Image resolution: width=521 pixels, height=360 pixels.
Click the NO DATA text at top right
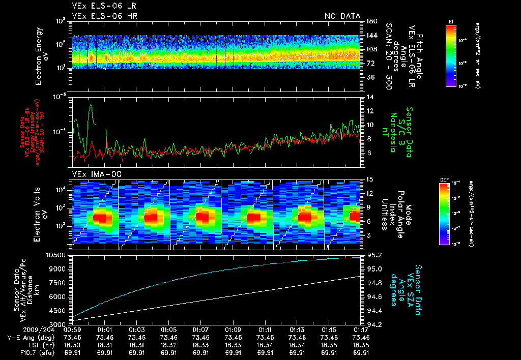click(x=342, y=16)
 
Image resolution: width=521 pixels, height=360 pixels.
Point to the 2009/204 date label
click(x=20, y=329)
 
